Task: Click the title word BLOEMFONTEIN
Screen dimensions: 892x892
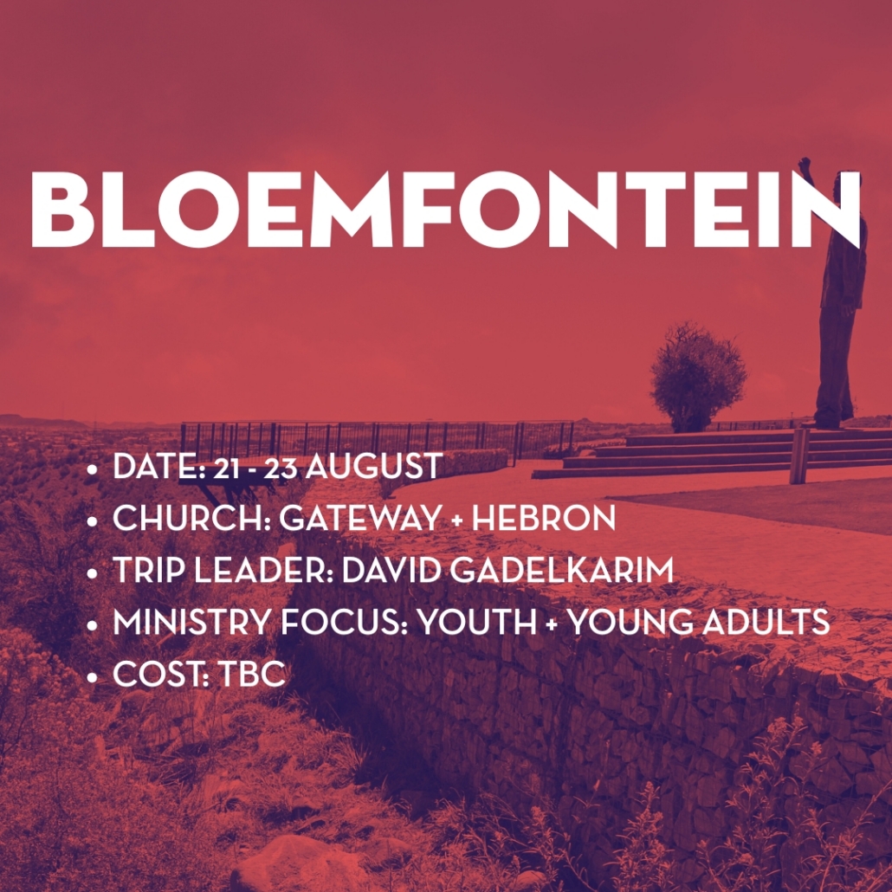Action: pos(445,209)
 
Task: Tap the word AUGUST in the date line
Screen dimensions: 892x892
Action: pos(374,466)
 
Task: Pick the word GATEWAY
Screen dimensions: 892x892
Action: pos(359,518)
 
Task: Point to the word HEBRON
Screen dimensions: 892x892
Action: pos(543,518)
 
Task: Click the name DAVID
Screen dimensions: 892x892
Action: pos(392,570)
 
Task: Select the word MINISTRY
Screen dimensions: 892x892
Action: pos(191,622)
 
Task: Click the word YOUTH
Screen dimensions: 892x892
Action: pos(476,622)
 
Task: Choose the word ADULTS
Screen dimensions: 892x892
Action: pos(766,622)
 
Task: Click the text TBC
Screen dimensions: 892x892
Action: pos(251,674)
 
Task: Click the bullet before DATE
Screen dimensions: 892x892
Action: pos(92,470)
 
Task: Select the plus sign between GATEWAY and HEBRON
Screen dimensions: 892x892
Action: pos(456,520)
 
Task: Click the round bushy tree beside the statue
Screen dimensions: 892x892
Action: pos(697,376)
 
